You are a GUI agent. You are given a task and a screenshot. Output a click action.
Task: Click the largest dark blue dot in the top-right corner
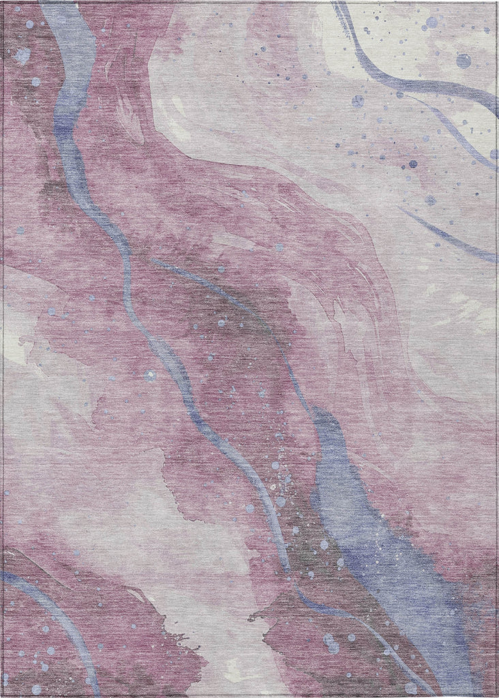coord(464,61)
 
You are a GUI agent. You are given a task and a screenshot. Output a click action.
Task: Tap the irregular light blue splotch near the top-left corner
coord(22,55)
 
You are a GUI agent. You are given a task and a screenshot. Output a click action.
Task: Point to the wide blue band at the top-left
coord(68,102)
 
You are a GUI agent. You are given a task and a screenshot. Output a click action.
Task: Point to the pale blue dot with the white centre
coord(150,375)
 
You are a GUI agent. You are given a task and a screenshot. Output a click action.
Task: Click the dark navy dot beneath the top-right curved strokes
coord(412,164)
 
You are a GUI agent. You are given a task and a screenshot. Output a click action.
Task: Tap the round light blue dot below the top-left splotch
coord(35,82)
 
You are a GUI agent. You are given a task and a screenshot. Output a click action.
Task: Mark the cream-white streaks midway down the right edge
coord(470,300)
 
